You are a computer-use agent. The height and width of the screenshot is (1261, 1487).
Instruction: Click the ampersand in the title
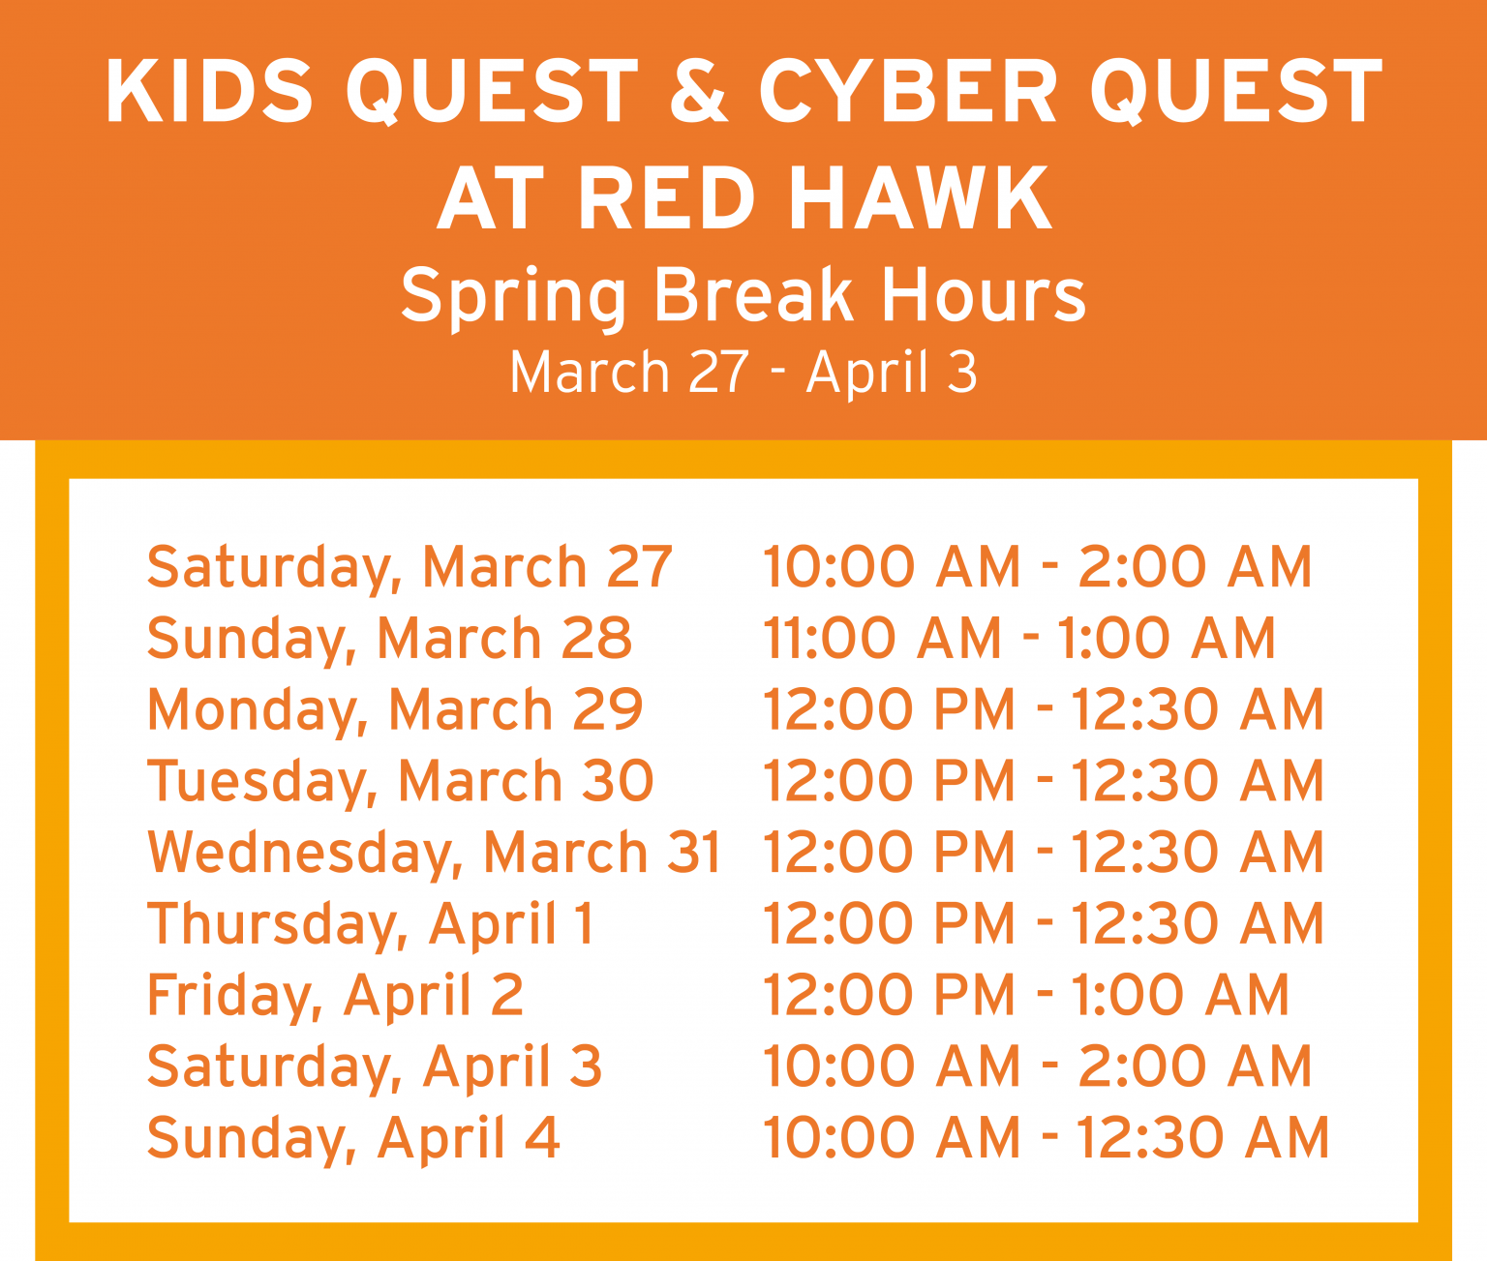click(x=697, y=90)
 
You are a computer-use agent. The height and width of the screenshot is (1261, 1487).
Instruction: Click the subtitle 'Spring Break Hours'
click(x=743, y=294)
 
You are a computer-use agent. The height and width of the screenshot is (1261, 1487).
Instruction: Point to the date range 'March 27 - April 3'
click(x=743, y=373)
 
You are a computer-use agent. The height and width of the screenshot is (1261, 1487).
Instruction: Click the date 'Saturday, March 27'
click(x=410, y=567)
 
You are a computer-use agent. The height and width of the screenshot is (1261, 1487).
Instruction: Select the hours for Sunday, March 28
click(x=1019, y=639)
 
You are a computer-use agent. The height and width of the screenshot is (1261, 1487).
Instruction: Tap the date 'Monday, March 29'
click(x=395, y=709)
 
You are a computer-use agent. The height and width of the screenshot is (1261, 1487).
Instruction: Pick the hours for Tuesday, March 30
click(x=1043, y=781)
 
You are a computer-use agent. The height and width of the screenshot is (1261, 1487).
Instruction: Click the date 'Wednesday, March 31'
click(x=435, y=853)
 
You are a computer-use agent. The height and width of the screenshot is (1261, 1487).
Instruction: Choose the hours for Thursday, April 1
click(x=1043, y=923)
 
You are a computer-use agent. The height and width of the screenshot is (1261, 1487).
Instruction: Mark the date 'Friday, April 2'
click(x=335, y=995)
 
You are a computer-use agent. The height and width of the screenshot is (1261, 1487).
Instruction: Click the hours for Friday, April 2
click(x=1026, y=995)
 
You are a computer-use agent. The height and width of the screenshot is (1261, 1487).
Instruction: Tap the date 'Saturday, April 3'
click(x=375, y=1066)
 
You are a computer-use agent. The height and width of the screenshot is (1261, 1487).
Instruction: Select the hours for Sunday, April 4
click(x=1046, y=1137)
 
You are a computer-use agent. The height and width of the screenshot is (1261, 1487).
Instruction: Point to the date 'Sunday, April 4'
click(x=353, y=1137)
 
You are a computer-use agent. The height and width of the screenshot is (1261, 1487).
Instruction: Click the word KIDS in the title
click(x=209, y=90)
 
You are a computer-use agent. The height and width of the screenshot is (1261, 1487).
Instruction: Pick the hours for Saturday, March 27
click(x=1037, y=567)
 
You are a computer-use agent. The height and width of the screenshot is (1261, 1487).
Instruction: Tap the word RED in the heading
click(x=667, y=198)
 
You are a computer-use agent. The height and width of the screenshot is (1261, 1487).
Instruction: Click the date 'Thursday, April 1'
click(x=370, y=923)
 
